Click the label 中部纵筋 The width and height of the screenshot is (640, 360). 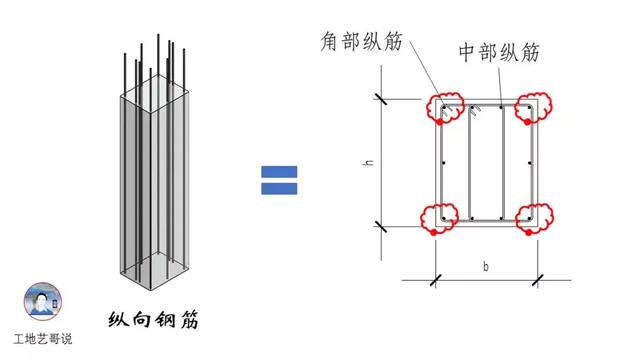pyautogui.click(x=498, y=53)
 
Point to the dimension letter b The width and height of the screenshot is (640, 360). pyautogui.click(x=486, y=268)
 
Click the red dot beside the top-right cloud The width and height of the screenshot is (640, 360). pyautogui.click(x=521, y=121)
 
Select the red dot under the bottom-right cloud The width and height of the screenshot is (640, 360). pyautogui.click(x=526, y=233)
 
